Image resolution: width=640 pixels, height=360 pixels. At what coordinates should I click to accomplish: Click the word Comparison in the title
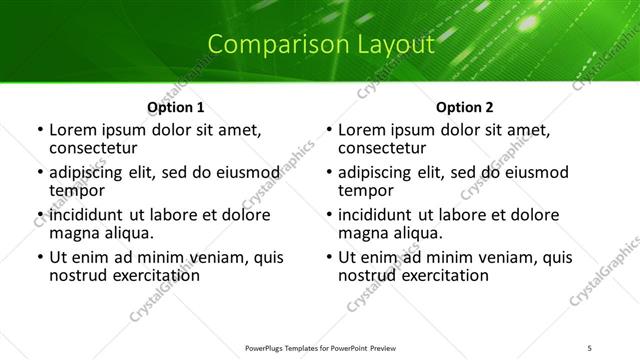263,45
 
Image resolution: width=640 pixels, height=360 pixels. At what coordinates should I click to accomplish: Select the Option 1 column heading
176,107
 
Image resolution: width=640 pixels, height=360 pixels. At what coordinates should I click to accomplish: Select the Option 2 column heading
465,107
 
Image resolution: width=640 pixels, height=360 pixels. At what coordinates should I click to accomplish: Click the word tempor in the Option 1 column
77,190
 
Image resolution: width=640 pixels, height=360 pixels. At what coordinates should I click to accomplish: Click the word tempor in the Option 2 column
366,190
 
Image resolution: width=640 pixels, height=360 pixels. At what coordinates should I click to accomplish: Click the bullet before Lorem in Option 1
39,131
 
